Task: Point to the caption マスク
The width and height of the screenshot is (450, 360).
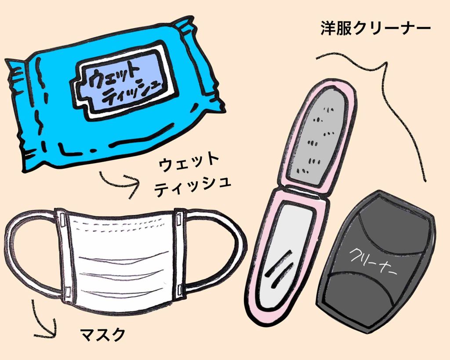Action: tap(102, 334)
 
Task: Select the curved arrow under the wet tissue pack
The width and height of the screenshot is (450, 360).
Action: tap(119, 180)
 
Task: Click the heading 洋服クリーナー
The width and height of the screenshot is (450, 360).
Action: tap(376, 30)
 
